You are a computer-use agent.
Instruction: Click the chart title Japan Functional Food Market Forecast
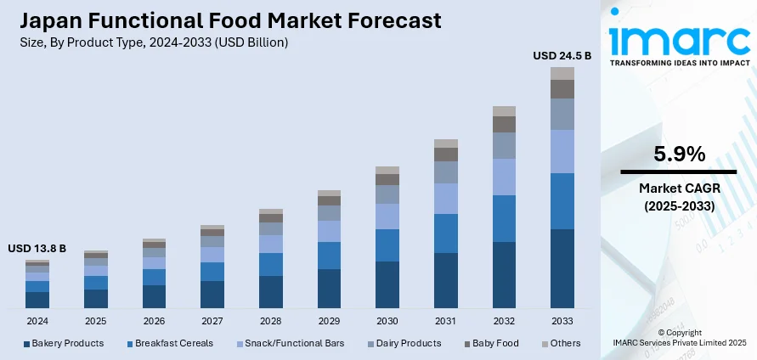[225, 20]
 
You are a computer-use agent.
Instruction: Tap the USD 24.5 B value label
[562, 56]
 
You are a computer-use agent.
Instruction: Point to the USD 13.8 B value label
[37, 249]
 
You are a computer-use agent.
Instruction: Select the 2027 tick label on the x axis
[212, 322]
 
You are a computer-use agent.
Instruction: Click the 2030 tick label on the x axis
[387, 322]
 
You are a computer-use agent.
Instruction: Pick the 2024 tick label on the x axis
[37, 322]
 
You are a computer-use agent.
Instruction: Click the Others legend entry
[561, 343]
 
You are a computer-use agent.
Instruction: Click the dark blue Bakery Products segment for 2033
[562, 267]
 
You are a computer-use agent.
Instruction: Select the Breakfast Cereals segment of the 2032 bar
[504, 218]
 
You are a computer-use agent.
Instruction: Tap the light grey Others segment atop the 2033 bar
[562, 73]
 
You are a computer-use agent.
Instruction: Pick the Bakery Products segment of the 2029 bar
[329, 288]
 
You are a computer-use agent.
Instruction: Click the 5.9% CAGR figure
[679, 155]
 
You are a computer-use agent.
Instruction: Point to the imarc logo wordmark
[678, 38]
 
